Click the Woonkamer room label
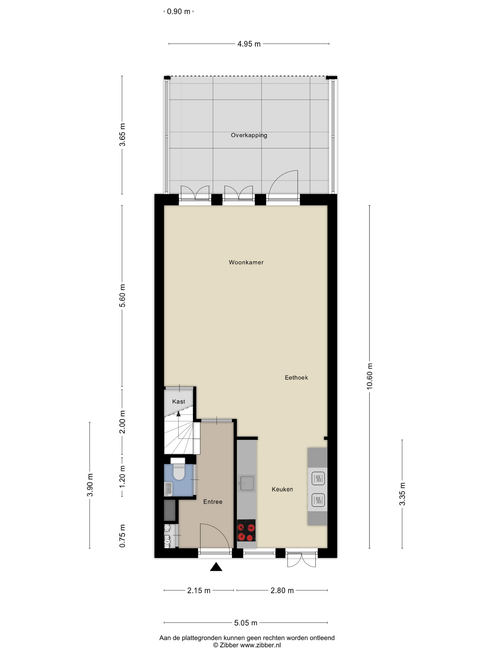tap(246, 262)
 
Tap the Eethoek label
tap(296, 377)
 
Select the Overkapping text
tap(249, 135)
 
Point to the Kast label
tap(179, 402)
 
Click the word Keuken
tap(282, 489)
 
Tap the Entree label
tap(213, 502)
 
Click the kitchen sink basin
tap(247, 483)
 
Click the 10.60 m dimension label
tap(369, 376)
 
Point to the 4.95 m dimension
tap(249, 44)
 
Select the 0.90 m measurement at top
tap(178, 11)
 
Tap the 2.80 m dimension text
tap(282, 590)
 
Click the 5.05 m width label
tap(246, 623)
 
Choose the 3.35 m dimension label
tap(402, 494)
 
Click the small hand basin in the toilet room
tap(168, 489)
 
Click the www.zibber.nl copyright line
tap(247, 645)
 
